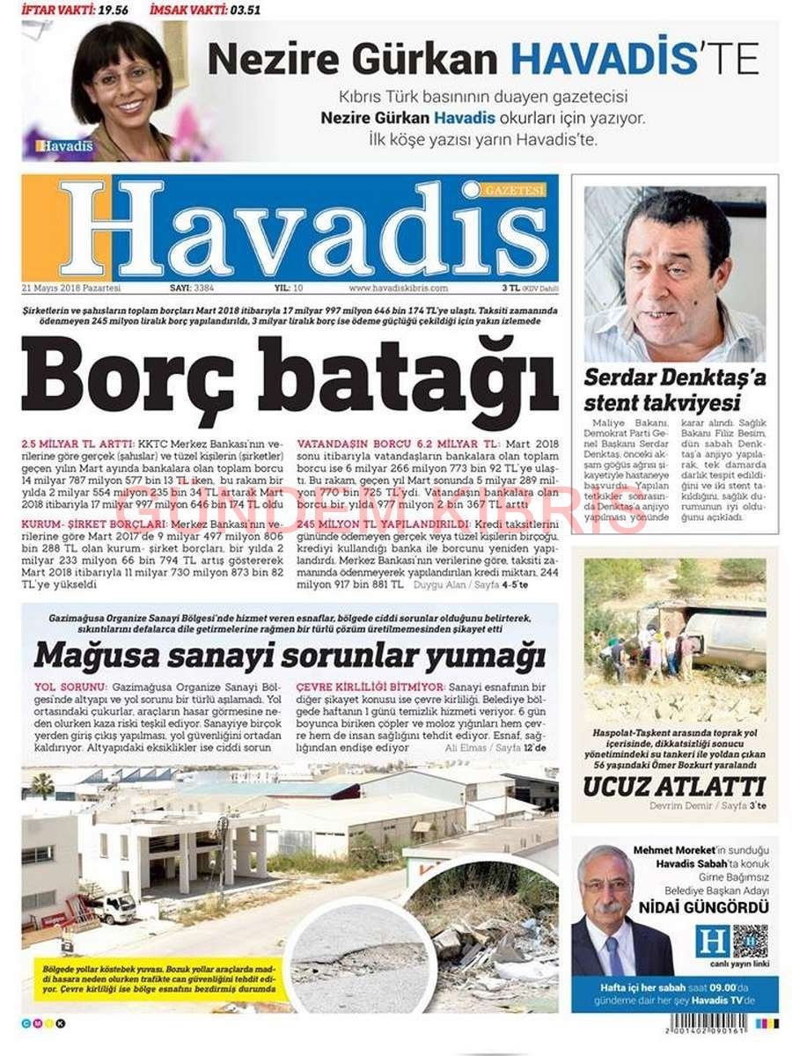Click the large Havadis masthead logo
coord(290,228)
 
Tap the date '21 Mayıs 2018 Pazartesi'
coord(72,288)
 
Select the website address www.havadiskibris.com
coord(399,288)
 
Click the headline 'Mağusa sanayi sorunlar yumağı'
coord(289,656)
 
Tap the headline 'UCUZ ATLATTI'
coord(674,786)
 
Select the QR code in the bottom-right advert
coord(750,941)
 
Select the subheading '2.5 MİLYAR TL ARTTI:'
coord(77,444)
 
